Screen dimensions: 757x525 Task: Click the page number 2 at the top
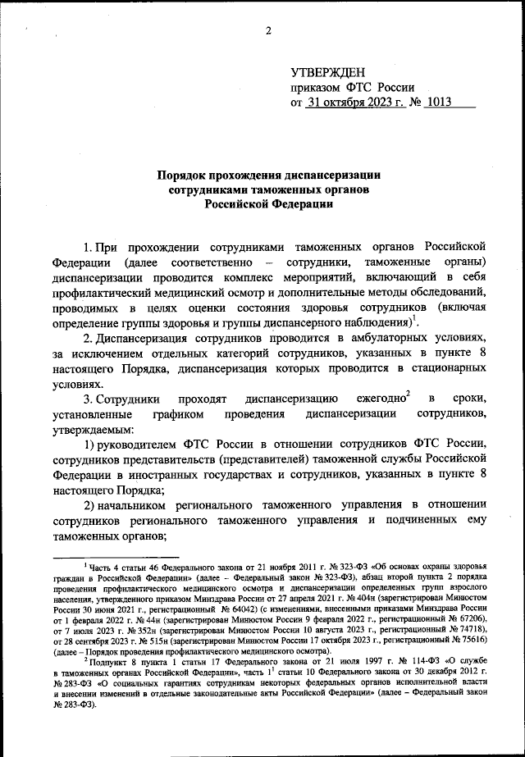coord(268,31)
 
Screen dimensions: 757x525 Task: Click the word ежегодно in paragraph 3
coord(380,399)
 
